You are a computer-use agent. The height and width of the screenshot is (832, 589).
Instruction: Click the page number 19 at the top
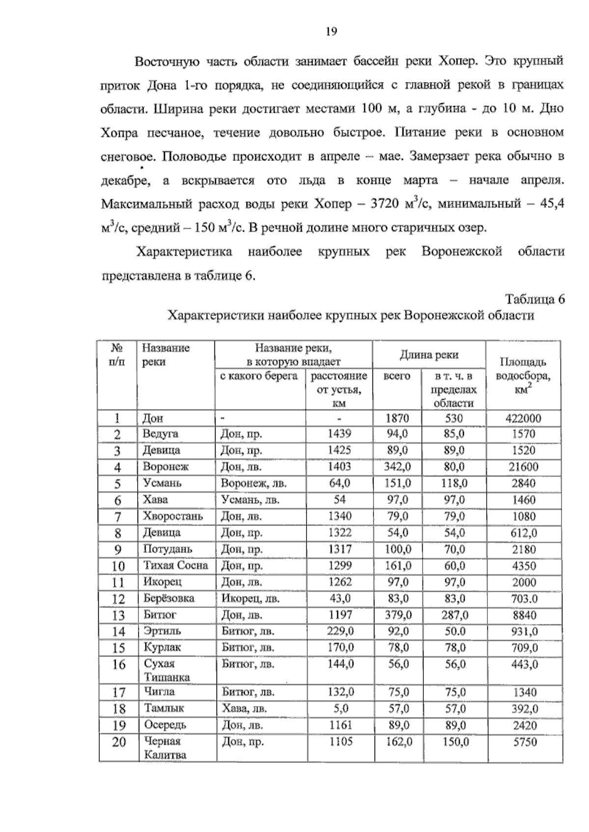(x=331, y=32)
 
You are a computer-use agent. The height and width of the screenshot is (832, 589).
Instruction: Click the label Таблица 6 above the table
(x=535, y=299)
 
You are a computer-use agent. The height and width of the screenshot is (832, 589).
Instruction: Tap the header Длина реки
(x=429, y=355)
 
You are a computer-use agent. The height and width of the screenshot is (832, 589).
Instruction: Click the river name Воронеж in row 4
(x=165, y=467)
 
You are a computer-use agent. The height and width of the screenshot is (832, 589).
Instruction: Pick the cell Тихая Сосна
(x=176, y=566)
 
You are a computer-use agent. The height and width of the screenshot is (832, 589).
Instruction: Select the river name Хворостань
(x=173, y=516)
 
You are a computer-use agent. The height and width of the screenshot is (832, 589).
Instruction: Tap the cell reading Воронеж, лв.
(x=253, y=483)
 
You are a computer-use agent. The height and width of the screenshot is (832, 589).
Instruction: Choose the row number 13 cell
(x=118, y=615)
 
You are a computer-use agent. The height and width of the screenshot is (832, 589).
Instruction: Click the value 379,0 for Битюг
(x=398, y=615)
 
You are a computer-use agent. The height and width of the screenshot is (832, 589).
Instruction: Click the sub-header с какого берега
(x=259, y=376)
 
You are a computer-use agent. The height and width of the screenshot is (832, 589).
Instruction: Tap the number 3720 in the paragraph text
(x=384, y=204)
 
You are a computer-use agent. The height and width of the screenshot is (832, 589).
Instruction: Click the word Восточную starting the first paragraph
(x=167, y=62)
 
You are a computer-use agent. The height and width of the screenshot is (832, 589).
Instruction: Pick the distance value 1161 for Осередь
(x=340, y=725)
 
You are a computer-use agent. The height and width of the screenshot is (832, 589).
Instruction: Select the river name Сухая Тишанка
(x=166, y=670)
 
